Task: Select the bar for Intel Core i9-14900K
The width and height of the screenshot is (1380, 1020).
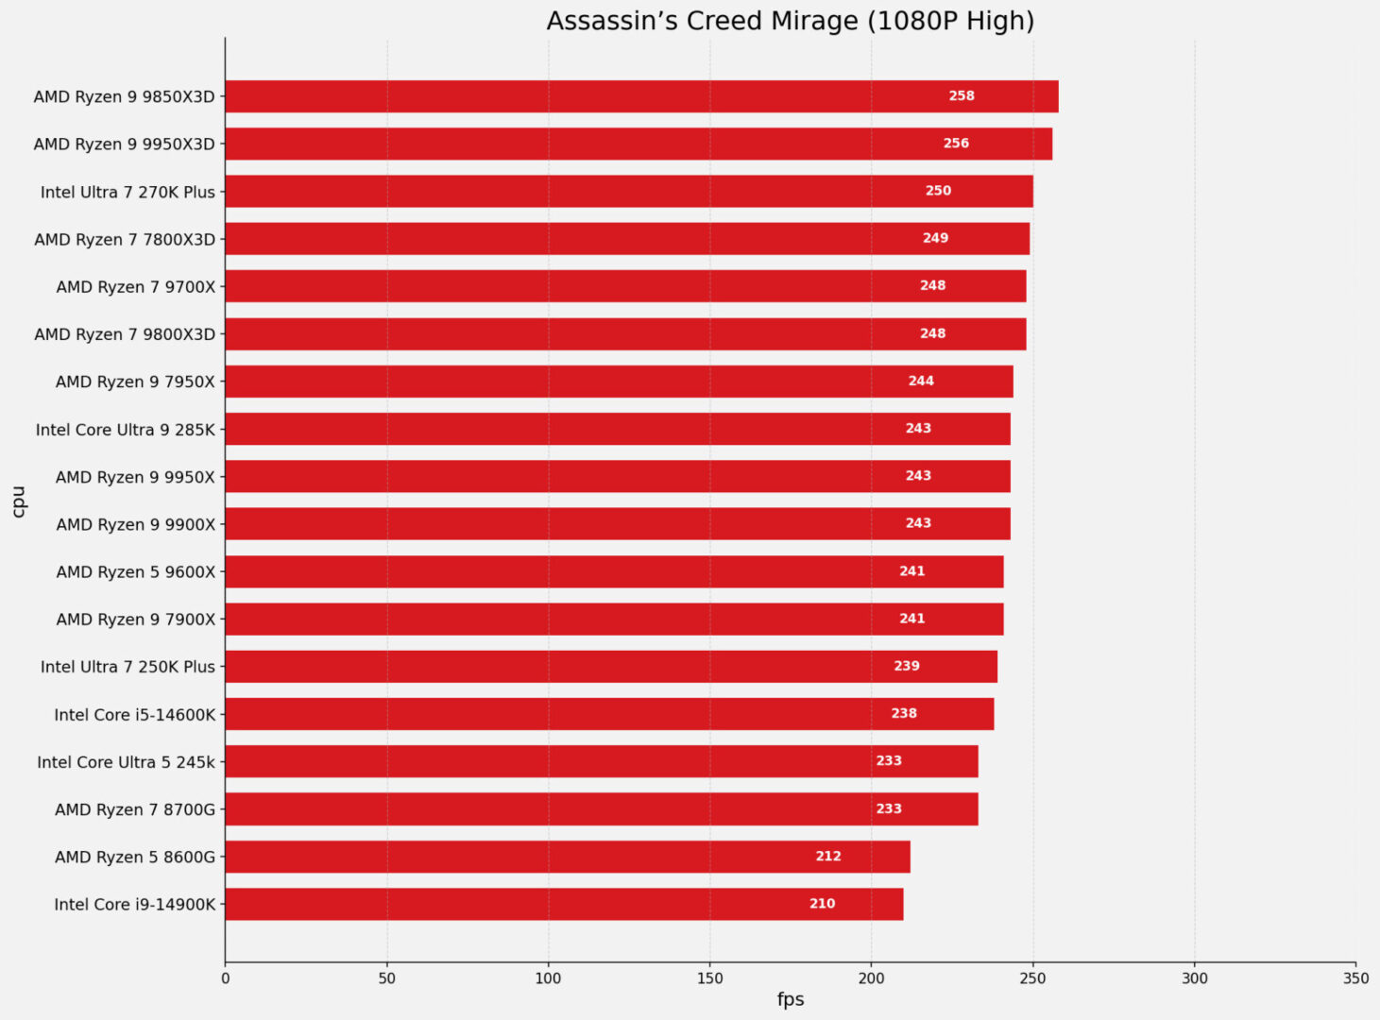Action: pyautogui.click(x=564, y=904)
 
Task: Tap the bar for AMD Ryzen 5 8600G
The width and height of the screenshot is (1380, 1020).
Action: pyautogui.click(x=567, y=857)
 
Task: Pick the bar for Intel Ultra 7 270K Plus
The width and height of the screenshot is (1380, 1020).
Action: pyautogui.click(x=628, y=191)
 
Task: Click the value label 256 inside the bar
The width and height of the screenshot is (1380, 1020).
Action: pyautogui.click(x=956, y=144)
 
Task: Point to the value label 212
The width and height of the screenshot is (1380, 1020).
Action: pyautogui.click(x=828, y=857)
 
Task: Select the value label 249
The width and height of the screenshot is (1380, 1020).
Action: pyautogui.click(x=935, y=238)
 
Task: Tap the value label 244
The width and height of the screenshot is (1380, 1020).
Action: pyautogui.click(x=921, y=381)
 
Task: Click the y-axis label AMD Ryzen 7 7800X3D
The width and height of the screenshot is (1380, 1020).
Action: pyautogui.click(x=125, y=240)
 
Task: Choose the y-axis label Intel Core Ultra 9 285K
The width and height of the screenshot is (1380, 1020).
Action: pyautogui.click(x=126, y=430)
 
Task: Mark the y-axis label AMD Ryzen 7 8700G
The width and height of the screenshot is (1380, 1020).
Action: pyautogui.click(x=135, y=809)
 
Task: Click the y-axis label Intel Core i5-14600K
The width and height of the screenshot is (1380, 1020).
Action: pyautogui.click(x=135, y=715)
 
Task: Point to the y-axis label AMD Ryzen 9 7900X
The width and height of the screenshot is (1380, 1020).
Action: pyautogui.click(x=136, y=620)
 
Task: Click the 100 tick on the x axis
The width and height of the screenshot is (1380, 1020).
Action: pyautogui.click(x=548, y=978)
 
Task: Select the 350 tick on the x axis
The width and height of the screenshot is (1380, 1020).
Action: pyautogui.click(x=1355, y=978)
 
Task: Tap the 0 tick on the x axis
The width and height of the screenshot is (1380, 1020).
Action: pyautogui.click(x=225, y=978)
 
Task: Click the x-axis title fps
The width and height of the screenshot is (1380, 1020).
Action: pyautogui.click(x=791, y=1000)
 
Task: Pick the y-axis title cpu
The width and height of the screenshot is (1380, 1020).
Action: pyautogui.click(x=19, y=501)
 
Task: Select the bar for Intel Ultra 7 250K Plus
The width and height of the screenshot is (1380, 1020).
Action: pyautogui.click(x=611, y=666)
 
